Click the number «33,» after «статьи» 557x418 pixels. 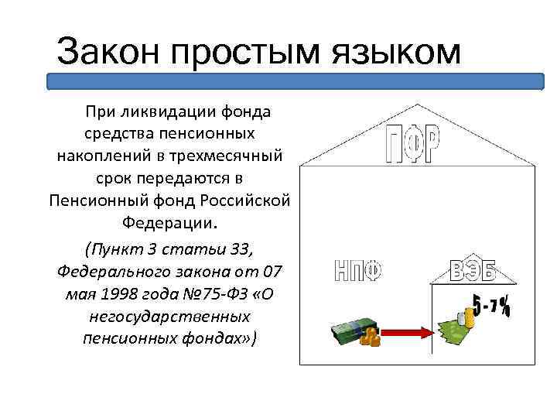tap(239, 250)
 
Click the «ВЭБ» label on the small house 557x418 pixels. tap(473, 272)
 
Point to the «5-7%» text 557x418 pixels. tap(491, 305)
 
